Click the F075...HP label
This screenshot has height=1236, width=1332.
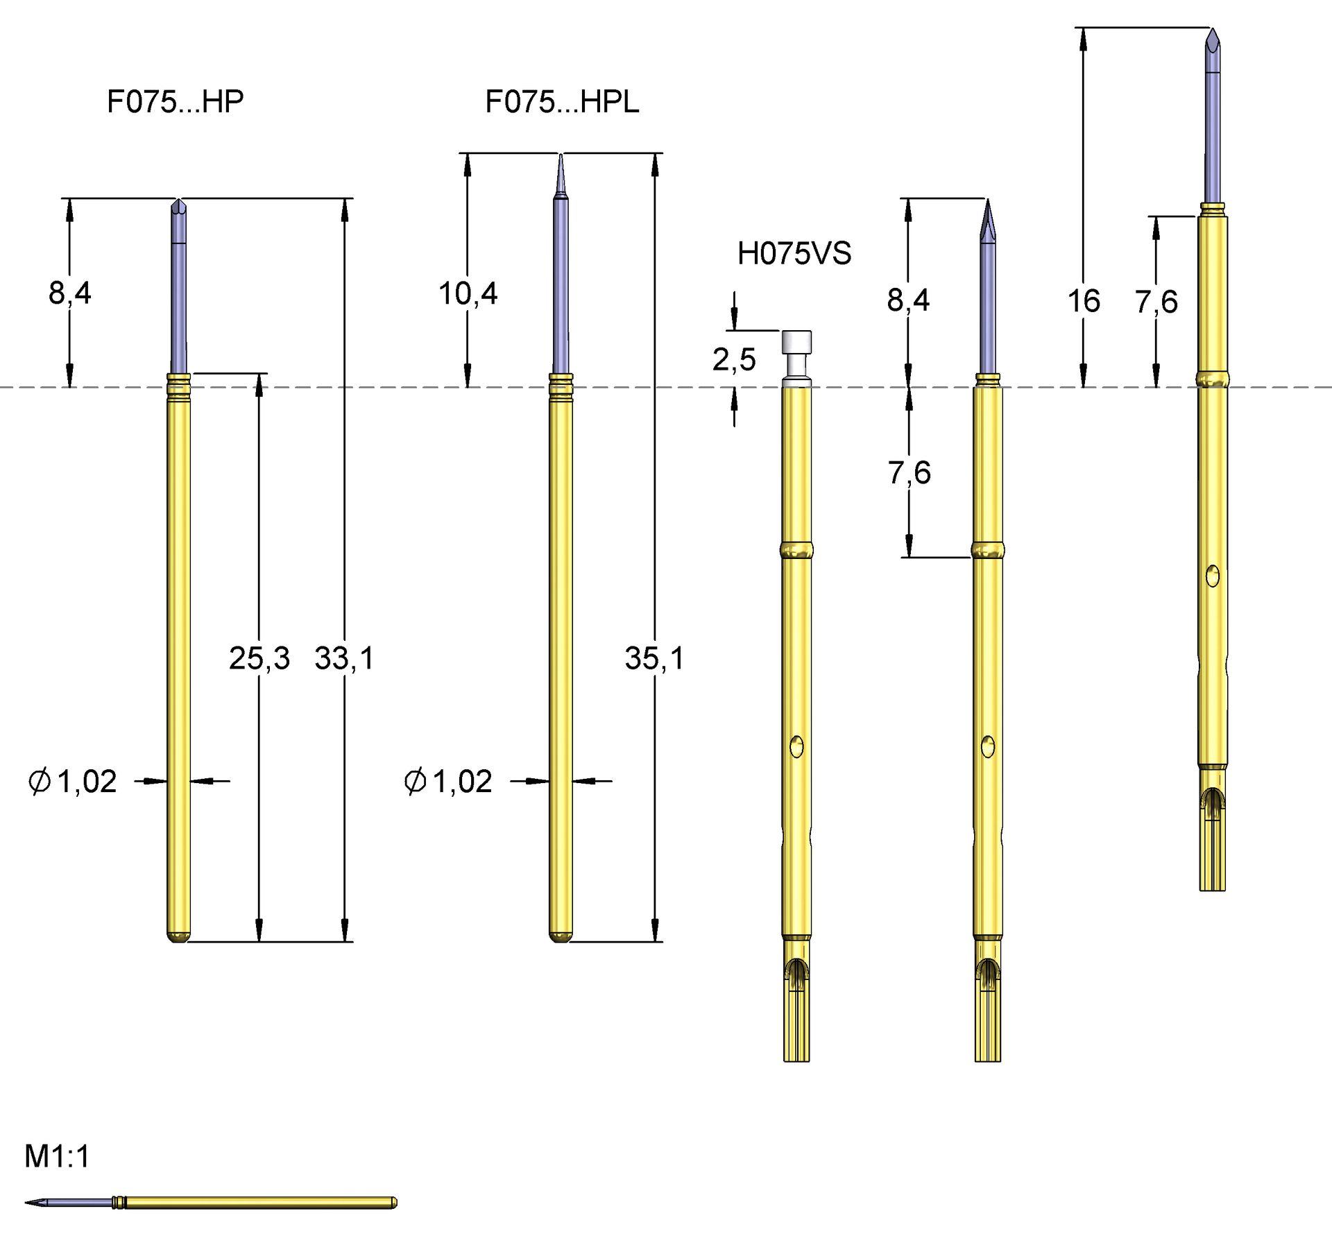click(176, 101)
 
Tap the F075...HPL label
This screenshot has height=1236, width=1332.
click(562, 102)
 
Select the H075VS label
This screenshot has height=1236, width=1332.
click(794, 253)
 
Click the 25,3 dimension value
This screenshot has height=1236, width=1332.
click(259, 658)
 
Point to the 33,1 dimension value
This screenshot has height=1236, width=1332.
click(344, 658)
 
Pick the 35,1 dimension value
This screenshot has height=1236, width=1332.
click(654, 658)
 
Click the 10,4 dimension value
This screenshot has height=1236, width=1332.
click(468, 293)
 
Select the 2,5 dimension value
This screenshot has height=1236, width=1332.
click(734, 359)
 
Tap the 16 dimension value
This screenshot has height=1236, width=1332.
click(1084, 301)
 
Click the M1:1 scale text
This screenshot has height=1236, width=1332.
click(57, 1156)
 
